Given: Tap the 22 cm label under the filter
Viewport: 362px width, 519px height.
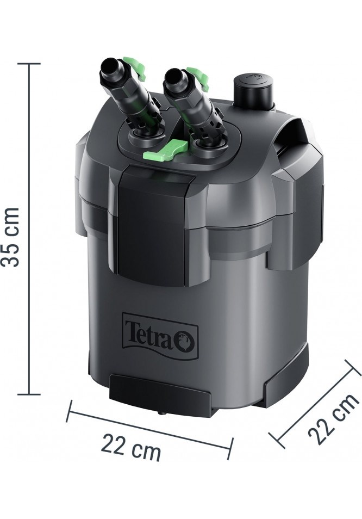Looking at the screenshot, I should [x=131, y=447].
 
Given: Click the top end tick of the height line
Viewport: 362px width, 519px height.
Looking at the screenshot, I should [x=29, y=64].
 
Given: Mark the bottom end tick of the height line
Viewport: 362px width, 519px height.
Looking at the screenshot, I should [x=29, y=394].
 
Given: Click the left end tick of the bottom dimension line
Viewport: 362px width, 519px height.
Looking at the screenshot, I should [x=69, y=411].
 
